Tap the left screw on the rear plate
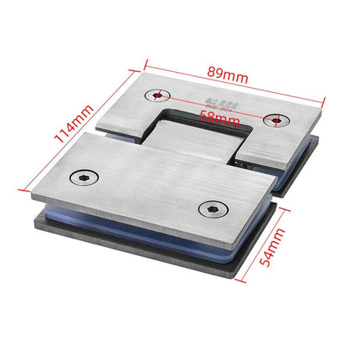click(157, 95)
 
